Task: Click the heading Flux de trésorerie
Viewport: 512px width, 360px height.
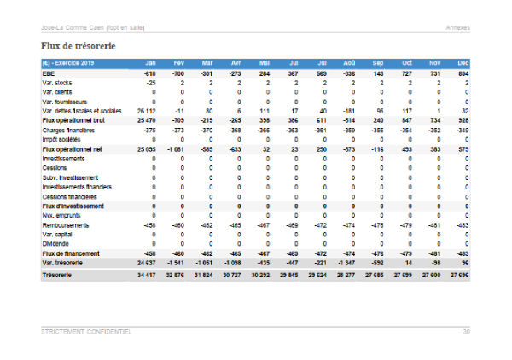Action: (78, 44)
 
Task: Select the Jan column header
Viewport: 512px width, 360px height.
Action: (150, 64)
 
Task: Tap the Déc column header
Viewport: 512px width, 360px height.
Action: (463, 64)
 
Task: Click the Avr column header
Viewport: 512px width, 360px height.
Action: (236, 64)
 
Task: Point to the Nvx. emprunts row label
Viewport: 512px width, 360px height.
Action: (62, 216)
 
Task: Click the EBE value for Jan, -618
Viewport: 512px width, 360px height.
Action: (148, 74)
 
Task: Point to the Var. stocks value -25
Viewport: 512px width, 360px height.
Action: (150, 84)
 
